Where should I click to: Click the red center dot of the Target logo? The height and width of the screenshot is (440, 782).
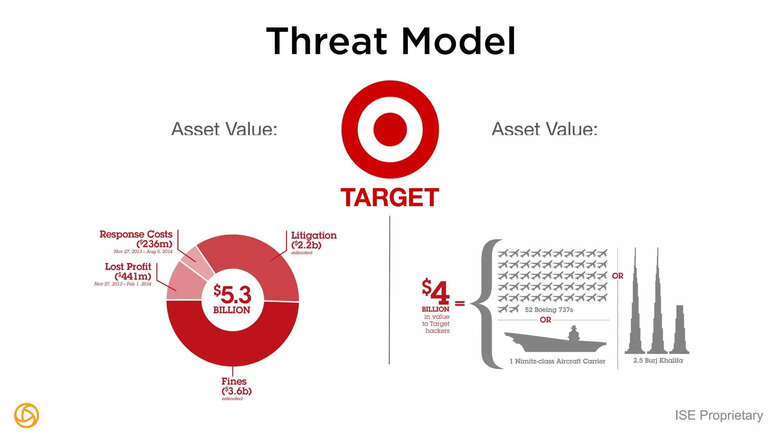pyautogui.click(x=390, y=129)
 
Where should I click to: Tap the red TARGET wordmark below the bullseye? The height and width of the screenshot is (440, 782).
pyautogui.click(x=390, y=197)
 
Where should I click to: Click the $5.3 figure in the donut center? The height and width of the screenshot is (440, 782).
pyautogui.click(x=233, y=294)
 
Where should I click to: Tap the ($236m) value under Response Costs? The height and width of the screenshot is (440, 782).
pyautogui.click(x=155, y=244)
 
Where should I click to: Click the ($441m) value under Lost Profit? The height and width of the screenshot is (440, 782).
pyautogui.click(x=133, y=276)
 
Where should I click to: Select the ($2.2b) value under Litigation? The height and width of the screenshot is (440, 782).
pyautogui.click(x=306, y=245)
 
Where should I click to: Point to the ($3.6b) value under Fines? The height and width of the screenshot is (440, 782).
pyautogui.click(x=236, y=391)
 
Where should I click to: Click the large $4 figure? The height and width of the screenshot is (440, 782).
pyautogui.click(x=436, y=292)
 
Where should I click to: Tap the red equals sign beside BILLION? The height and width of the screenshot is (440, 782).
pyautogui.click(x=460, y=304)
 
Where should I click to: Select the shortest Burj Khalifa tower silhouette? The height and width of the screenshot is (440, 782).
pyautogui.click(x=679, y=330)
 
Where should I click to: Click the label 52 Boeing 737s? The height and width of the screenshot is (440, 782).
pyautogui.click(x=549, y=310)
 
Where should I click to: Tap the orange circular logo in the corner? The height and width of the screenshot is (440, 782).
pyautogui.click(x=26, y=415)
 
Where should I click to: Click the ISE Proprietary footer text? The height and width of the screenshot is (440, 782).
pyautogui.click(x=719, y=415)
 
